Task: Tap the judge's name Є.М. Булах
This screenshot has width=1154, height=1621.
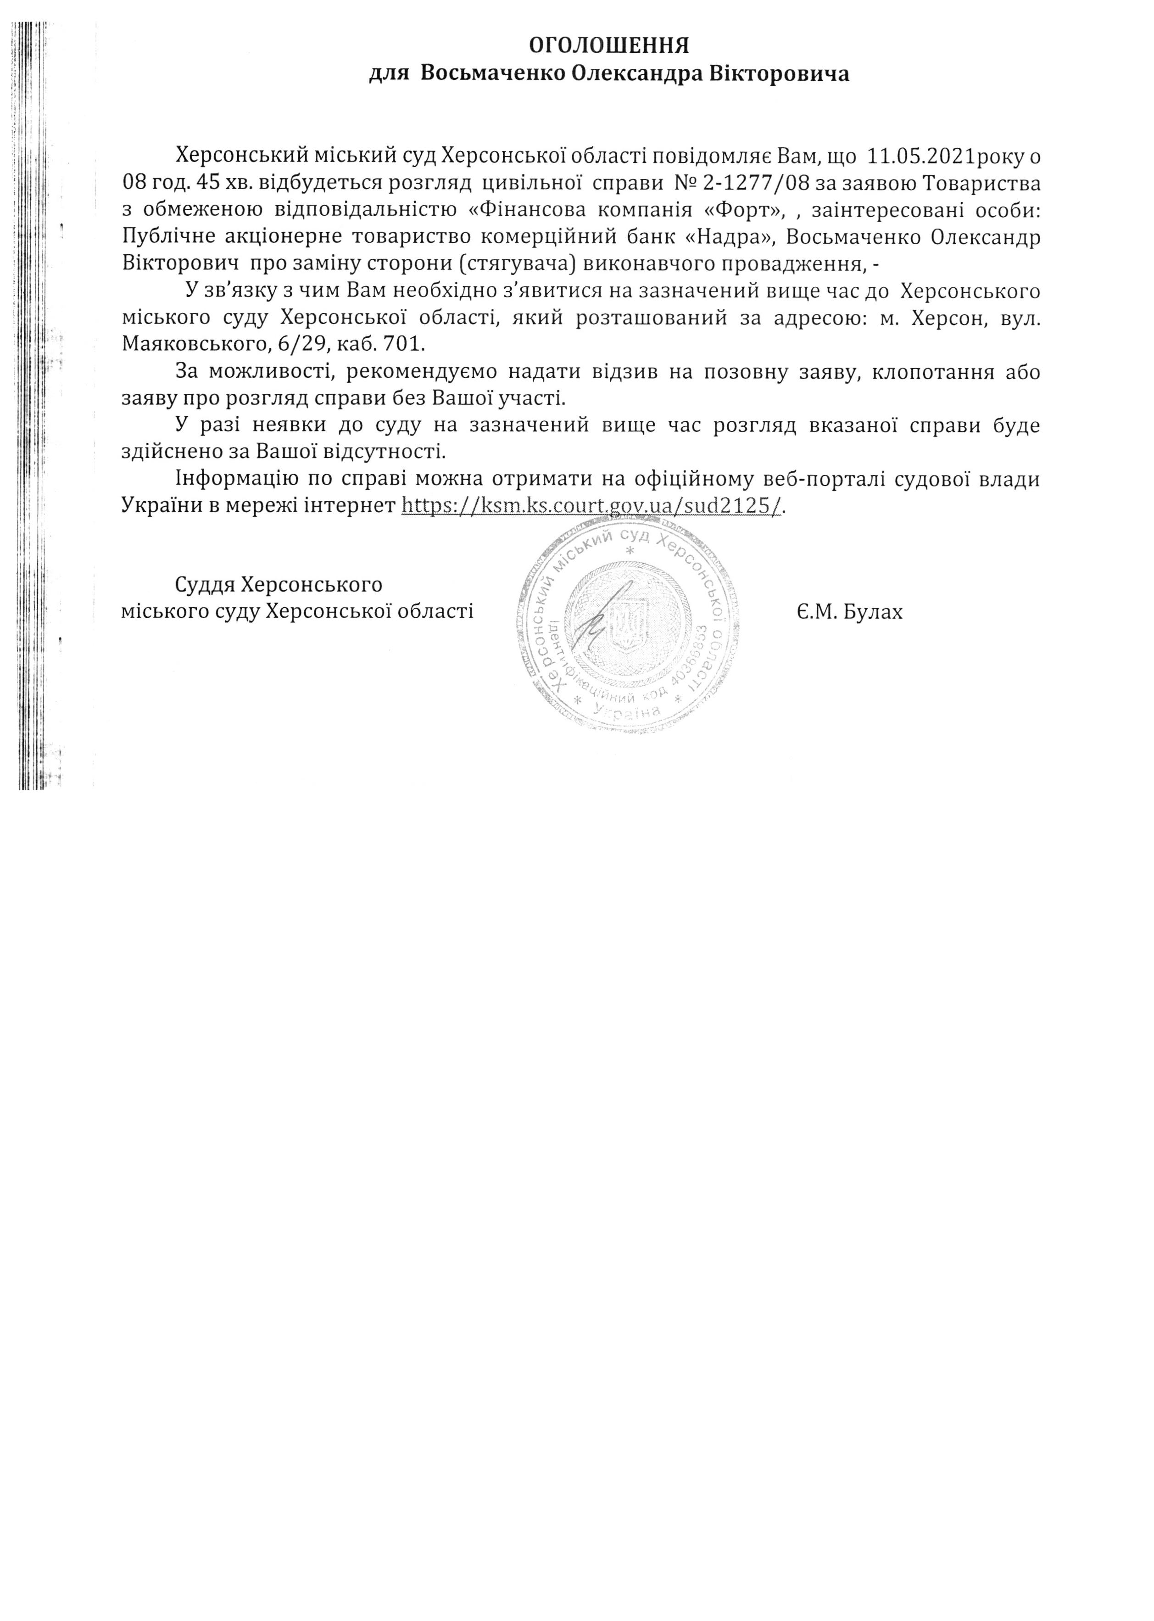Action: coord(849,611)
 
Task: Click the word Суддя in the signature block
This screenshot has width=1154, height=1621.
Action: coord(206,585)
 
